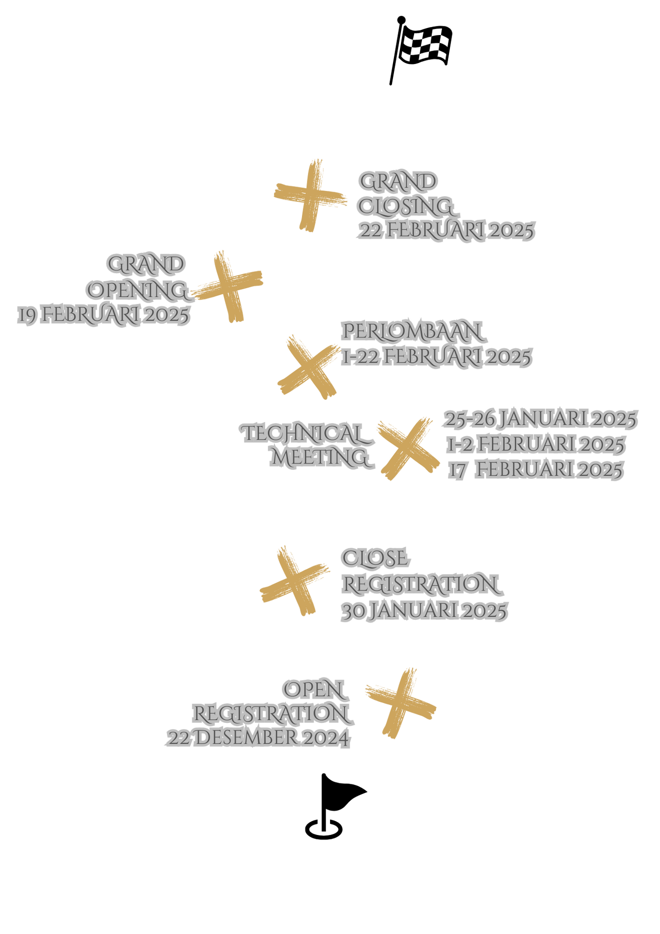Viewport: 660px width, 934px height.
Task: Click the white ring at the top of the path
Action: [392, 81]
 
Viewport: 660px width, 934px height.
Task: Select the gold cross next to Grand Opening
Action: [229, 287]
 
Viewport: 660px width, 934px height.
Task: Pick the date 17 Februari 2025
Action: [536, 470]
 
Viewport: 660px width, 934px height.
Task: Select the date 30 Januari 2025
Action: [424, 611]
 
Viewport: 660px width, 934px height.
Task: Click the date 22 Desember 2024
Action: [257, 737]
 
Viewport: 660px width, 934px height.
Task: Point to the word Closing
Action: [406, 206]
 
